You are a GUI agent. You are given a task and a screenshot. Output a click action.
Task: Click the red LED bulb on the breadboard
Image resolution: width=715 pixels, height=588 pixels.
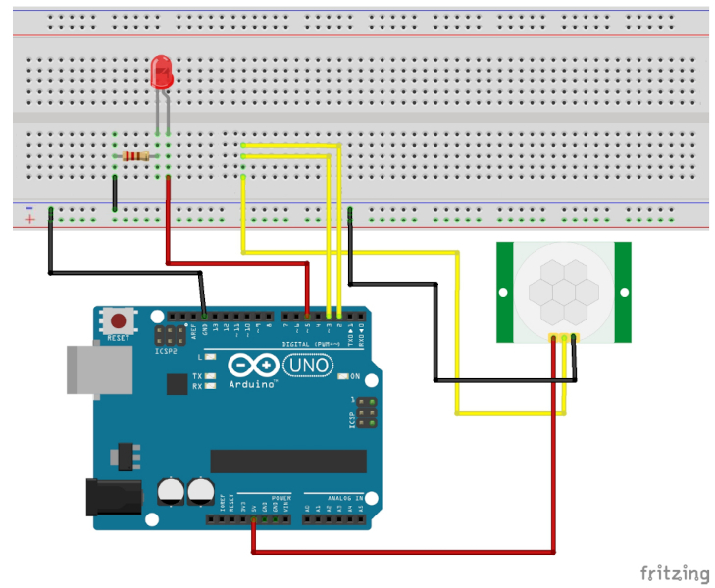pyautogui.click(x=161, y=73)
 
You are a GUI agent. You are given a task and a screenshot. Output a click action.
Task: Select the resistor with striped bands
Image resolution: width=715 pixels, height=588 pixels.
pyautogui.click(x=136, y=156)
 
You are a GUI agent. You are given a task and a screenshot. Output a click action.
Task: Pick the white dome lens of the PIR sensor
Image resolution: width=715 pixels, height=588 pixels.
pyautogui.click(x=555, y=291)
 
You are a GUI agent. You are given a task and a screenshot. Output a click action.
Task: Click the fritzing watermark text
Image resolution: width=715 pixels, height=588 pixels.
pyautogui.click(x=675, y=572)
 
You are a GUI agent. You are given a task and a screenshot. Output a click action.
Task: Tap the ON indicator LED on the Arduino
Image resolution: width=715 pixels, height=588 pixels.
pyautogui.click(x=342, y=376)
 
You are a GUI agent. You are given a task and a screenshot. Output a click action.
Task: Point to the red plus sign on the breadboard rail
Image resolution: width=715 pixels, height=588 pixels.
pyautogui.click(x=29, y=219)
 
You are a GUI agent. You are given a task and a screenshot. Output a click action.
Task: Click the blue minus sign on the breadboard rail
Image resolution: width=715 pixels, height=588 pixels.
pyautogui.click(x=29, y=207)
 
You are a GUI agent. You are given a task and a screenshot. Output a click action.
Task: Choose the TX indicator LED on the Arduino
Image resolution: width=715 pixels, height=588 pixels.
pyautogui.click(x=210, y=376)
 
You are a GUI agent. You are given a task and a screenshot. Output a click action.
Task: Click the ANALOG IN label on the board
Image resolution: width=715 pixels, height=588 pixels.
pyautogui.click(x=333, y=497)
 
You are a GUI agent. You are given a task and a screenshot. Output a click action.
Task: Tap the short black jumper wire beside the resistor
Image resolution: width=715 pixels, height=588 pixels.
pyautogui.click(x=115, y=193)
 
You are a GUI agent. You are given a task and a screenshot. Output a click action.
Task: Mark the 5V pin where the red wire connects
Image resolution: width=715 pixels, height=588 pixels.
pyautogui.click(x=254, y=520)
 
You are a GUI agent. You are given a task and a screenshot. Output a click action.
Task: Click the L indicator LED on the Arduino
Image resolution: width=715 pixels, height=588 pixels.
pyautogui.click(x=210, y=358)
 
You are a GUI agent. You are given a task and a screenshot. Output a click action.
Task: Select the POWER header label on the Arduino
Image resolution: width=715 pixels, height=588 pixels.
pyautogui.click(x=281, y=497)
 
